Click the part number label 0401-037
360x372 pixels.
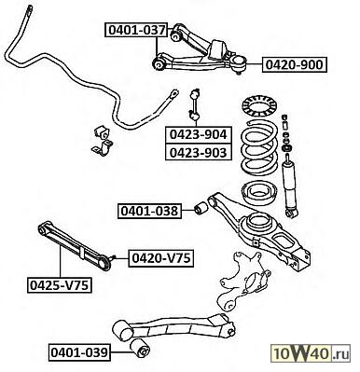coord(136,30)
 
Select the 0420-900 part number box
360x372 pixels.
coord(294,64)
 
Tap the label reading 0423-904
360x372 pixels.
coord(198,134)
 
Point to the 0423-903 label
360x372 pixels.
coord(198,152)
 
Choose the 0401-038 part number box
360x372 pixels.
coord(149,211)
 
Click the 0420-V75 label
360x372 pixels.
coord(160,258)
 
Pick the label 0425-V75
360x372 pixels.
coord(60,285)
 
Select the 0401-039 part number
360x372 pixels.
coord(79,352)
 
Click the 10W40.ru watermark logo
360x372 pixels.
coord(311,353)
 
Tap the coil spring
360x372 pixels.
coord(259,148)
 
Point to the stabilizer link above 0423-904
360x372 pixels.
coord(195,104)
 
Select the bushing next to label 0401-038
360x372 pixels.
coord(200,208)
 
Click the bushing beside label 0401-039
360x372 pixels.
coord(140,349)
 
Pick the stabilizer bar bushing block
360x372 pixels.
coord(101,133)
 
